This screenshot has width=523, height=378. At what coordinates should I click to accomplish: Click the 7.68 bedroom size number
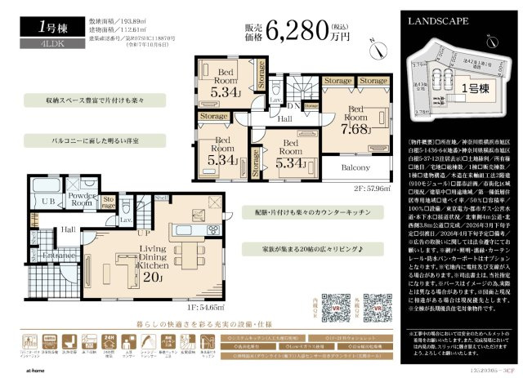[x=356, y=127]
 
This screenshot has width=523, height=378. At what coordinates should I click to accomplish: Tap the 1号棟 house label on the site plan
[x=472, y=87]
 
